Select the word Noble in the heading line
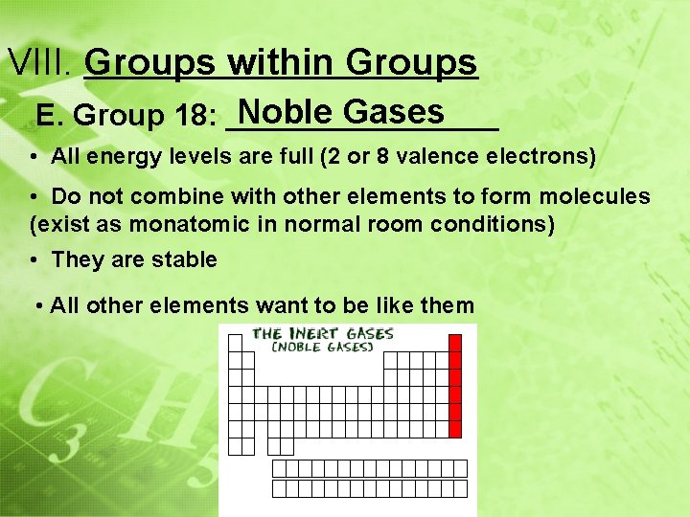click(287, 112)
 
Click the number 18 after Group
click(196, 117)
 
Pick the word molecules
click(593, 197)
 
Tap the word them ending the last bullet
click(448, 305)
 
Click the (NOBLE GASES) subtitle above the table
click(322, 348)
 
